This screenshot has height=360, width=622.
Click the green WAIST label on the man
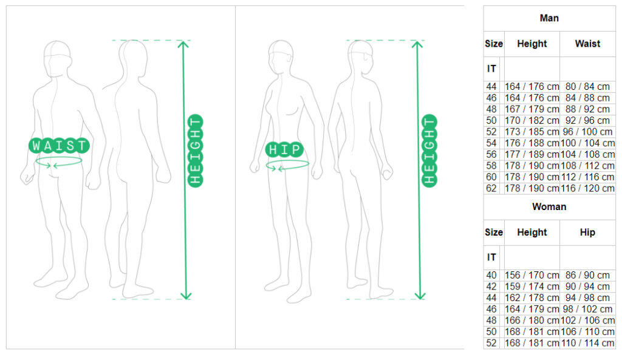tap(59, 146)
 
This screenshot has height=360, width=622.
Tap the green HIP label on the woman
tap(284, 149)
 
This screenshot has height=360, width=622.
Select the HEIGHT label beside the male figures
tap(196, 151)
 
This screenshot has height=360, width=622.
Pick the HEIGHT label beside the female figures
tap(429, 151)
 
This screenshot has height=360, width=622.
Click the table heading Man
tap(549, 18)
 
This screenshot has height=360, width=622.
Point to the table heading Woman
tap(549, 206)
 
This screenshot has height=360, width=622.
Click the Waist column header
tap(587, 44)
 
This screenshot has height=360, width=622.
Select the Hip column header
tap(587, 233)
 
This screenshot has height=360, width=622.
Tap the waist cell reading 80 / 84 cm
tap(587, 86)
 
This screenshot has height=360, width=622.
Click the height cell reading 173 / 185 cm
tap(532, 132)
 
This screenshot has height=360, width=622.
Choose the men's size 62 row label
tap(491, 188)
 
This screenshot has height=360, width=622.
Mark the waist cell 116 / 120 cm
tap(587, 188)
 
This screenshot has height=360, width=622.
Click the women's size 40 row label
tap(491, 275)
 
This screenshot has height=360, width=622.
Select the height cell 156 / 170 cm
tap(532, 275)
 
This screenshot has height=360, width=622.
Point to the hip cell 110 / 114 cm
tap(587, 343)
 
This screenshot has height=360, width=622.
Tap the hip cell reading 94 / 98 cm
tap(587, 297)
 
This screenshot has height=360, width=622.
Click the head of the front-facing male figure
tap(58, 58)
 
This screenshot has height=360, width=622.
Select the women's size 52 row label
tap(491, 343)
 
